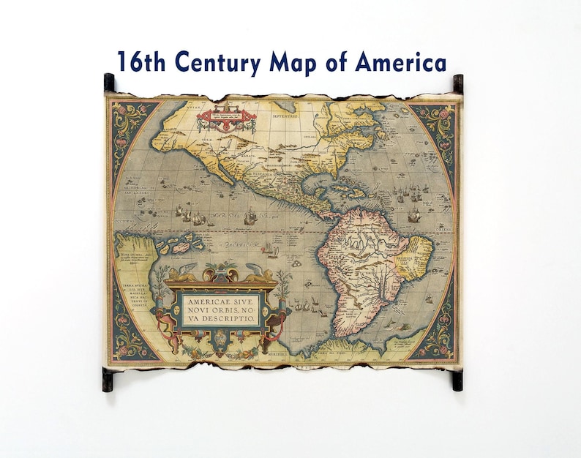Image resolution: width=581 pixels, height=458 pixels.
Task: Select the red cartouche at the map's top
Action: (226, 117)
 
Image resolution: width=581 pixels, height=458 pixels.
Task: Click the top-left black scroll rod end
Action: (109, 82)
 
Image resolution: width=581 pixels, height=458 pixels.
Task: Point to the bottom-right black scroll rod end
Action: (457, 379)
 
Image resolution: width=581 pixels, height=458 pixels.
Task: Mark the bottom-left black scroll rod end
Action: (108, 379)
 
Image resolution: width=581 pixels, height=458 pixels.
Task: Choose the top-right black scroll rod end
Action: (458, 82)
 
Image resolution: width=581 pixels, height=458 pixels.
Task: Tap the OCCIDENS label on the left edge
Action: (122, 220)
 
